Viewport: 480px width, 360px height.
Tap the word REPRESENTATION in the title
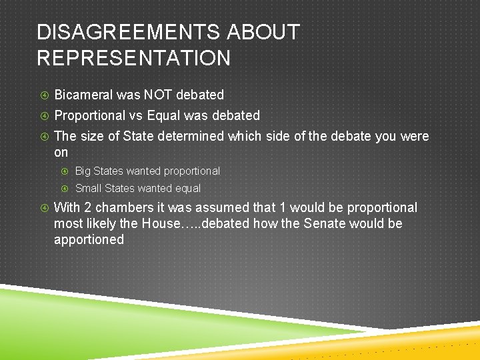tap(133, 58)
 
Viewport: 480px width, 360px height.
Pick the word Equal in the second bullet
tap(163, 115)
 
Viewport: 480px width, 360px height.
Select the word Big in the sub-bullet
tap(83, 171)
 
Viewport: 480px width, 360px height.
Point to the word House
tap(158, 223)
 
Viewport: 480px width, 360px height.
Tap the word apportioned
tap(89, 239)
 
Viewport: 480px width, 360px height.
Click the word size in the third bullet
tap(91, 136)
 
